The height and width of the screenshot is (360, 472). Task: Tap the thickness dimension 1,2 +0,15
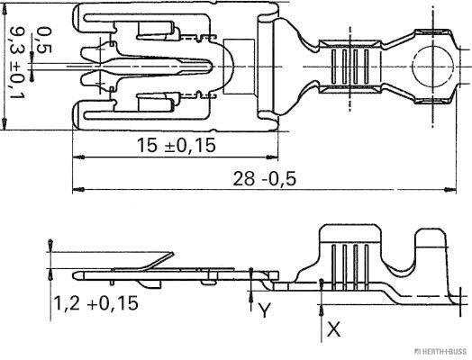coord(95,303)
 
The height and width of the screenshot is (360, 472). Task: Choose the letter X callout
coord(333,329)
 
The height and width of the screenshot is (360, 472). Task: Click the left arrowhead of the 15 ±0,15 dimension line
coord(76,157)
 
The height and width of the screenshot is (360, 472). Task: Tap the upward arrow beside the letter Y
coord(252,289)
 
